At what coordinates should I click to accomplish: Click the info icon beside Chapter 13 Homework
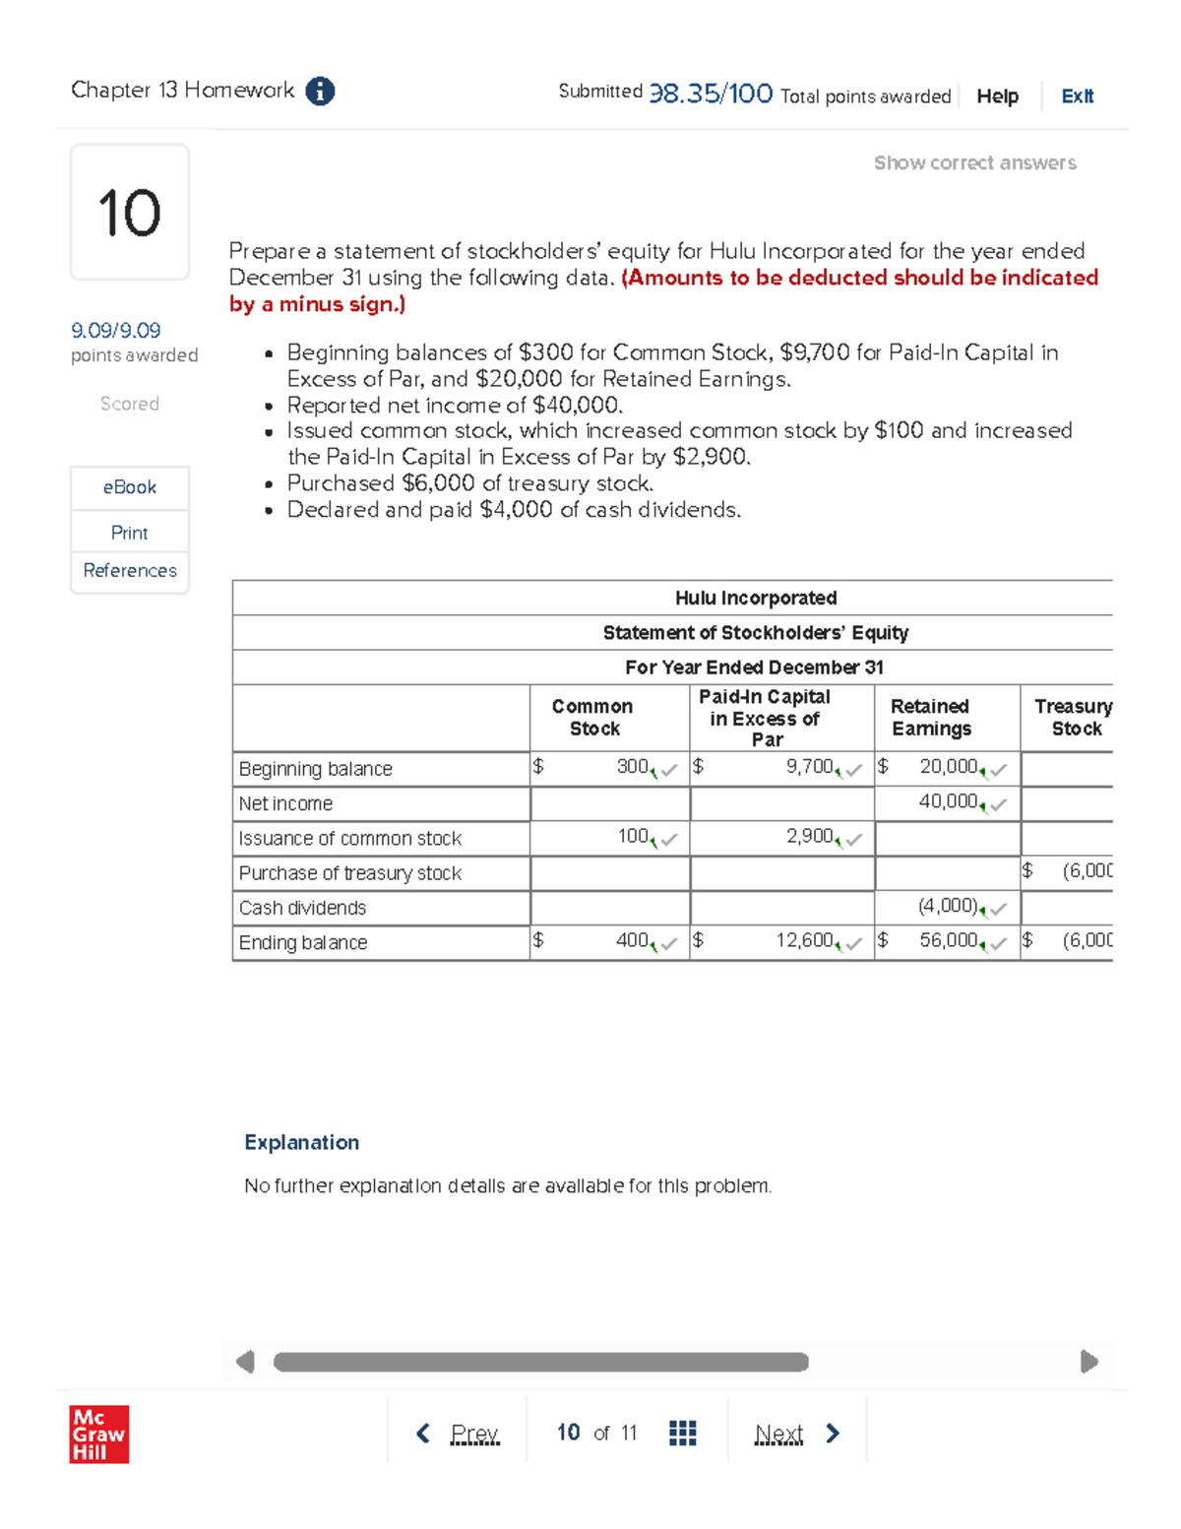pyautogui.click(x=320, y=92)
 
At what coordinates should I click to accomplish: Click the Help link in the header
pyautogui.click(x=997, y=96)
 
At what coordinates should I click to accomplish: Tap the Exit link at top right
pyautogui.click(x=1077, y=96)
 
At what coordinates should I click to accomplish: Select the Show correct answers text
pyautogui.click(x=974, y=163)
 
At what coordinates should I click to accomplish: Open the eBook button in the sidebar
pyautogui.click(x=130, y=487)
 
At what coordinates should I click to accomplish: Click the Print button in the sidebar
pyautogui.click(x=130, y=533)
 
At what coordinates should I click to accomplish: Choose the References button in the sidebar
pyautogui.click(x=130, y=571)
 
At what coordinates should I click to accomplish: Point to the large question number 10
pyautogui.click(x=129, y=213)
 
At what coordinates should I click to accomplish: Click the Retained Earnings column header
pyautogui.click(x=930, y=718)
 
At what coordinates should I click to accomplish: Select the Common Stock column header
pyautogui.click(x=592, y=718)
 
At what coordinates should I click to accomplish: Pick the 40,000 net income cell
pyautogui.click(x=947, y=802)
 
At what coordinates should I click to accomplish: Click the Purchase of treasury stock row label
pyautogui.click(x=350, y=873)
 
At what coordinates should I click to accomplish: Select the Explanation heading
pyautogui.click(x=301, y=1142)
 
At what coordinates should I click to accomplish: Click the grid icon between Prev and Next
pyautogui.click(x=682, y=1433)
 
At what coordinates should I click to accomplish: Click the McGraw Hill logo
pyautogui.click(x=99, y=1433)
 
